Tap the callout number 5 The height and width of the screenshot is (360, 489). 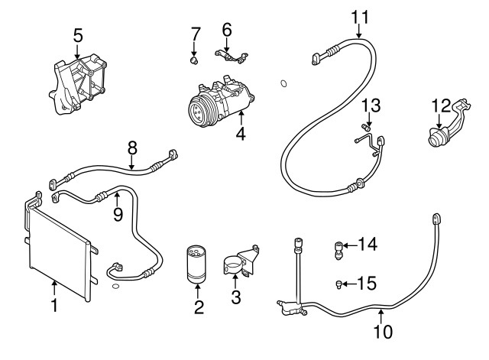pos(77,34)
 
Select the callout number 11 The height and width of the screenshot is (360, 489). pos(359,15)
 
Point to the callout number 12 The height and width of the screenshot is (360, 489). pos(442,105)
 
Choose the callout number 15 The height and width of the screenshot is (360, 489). pos(367,284)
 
